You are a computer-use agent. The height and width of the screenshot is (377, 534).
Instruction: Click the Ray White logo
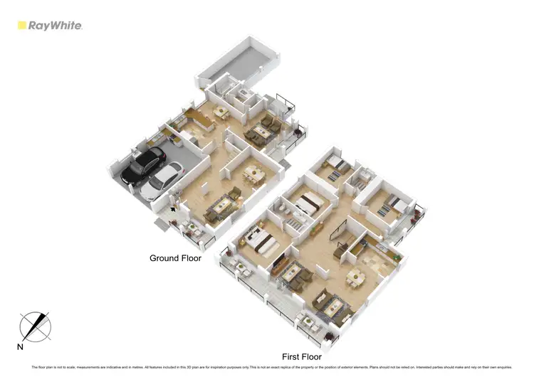pyautogui.click(x=50, y=26)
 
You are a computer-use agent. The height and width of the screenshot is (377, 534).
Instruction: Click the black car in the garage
pyautogui.click(x=142, y=165)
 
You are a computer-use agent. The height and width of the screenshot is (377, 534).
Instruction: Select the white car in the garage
pyautogui.click(x=163, y=180)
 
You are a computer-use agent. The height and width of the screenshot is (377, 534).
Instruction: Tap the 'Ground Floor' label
pyautogui.click(x=175, y=258)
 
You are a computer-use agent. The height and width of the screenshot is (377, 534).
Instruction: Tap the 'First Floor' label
pyautogui.click(x=302, y=357)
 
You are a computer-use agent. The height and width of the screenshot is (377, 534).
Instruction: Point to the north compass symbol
pyautogui.click(x=36, y=326)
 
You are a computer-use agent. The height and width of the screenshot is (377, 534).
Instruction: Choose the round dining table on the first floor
pyautogui.click(x=352, y=277)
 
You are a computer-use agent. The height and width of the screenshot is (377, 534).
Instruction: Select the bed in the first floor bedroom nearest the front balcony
pyautogui.click(x=263, y=243)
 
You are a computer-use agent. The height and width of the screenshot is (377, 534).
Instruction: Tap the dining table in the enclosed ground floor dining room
pyautogui.click(x=253, y=174)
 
